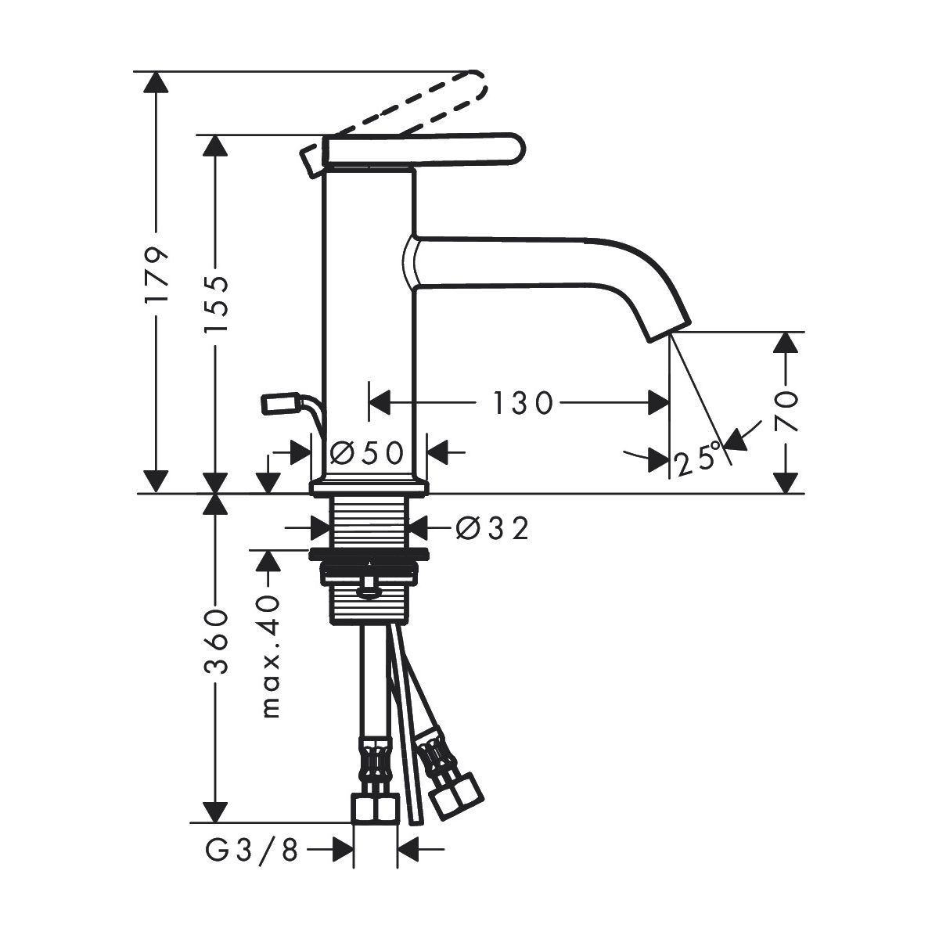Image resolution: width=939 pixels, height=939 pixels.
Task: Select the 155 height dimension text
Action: pos(216,304)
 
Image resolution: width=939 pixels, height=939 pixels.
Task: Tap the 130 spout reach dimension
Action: pos(523,403)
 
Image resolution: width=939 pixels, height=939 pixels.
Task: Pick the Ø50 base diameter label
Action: pos(368,453)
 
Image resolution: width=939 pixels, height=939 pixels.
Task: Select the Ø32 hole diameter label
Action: pos(492,528)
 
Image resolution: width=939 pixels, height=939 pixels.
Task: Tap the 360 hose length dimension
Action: pos(216,642)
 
